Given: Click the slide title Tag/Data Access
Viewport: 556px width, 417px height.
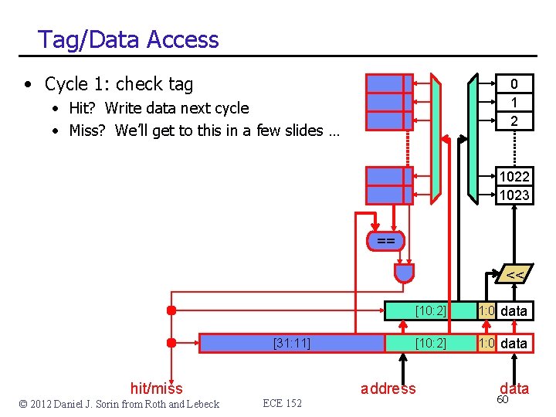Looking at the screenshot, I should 128,39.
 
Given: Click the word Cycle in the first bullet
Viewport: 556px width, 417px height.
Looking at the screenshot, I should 69,83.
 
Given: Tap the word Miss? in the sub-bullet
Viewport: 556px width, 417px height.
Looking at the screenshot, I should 89,131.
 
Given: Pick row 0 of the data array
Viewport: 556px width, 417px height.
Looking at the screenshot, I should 514,84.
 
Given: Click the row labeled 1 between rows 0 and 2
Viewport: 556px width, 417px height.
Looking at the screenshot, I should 514,102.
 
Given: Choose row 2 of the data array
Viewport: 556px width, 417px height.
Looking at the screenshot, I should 514,120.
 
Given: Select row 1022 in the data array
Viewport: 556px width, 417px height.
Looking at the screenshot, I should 514,177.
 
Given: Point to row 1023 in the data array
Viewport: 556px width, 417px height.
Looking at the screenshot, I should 514,195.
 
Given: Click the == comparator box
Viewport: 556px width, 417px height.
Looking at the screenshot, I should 385,242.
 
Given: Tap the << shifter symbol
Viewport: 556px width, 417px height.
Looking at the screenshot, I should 514,274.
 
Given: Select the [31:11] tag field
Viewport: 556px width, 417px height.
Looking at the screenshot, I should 292,343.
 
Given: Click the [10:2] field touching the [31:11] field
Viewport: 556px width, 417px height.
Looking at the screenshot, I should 430,343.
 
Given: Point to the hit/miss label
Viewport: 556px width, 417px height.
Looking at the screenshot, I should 157,388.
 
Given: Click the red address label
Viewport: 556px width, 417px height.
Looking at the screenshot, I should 388,388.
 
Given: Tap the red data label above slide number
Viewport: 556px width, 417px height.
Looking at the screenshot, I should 514,388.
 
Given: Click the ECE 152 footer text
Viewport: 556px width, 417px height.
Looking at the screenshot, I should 282,403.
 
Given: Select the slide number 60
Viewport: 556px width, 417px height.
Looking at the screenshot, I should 503,400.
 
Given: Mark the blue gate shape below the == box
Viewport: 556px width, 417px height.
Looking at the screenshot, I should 404,272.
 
